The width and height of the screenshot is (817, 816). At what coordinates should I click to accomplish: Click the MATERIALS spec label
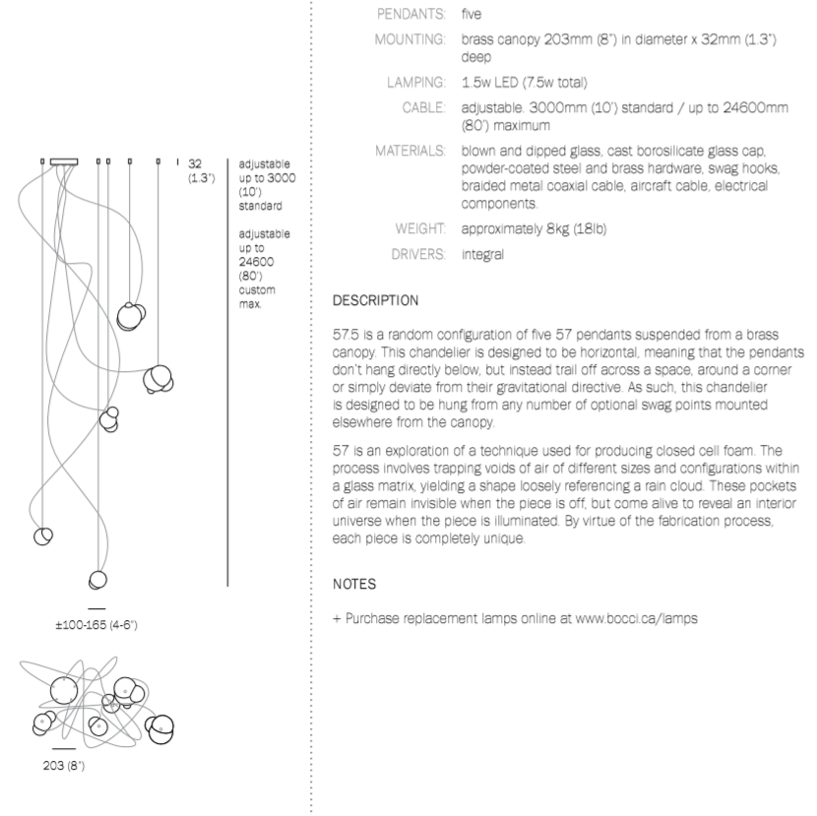tap(405, 154)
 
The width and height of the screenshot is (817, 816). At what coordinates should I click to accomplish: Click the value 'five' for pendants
tap(471, 15)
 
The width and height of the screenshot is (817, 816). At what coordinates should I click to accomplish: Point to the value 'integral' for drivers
tap(481, 255)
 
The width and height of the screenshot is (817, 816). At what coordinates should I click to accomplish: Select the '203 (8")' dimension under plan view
tap(63, 767)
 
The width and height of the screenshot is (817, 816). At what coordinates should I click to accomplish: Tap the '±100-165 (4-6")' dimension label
tap(96, 623)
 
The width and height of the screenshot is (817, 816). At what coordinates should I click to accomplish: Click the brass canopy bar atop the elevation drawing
tap(65, 160)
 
